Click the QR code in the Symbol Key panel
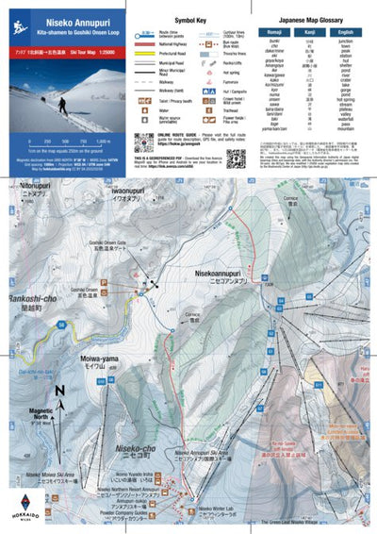[x=144, y=142]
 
